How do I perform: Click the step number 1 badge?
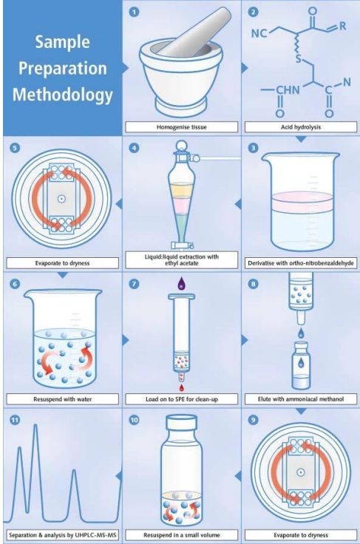[x=134, y=12]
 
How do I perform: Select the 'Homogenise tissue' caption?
[x=181, y=127]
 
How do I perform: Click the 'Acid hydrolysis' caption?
[x=301, y=127]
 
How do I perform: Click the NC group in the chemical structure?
[x=259, y=33]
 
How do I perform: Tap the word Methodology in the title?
[x=63, y=95]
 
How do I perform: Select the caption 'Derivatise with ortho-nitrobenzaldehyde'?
[x=301, y=263]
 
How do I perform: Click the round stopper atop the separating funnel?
[x=180, y=145]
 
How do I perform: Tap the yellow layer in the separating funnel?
[x=181, y=190]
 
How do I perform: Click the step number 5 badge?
[x=15, y=148]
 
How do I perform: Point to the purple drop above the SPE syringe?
[x=181, y=283]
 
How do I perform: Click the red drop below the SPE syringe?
[x=181, y=387]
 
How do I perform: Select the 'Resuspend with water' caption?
[x=62, y=399]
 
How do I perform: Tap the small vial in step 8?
[x=301, y=365]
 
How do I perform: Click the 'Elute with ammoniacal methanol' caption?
[x=301, y=399]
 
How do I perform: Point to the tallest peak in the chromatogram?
[x=35, y=425]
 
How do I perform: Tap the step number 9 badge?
[x=253, y=420]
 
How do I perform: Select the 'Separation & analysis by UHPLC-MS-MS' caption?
[x=62, y=535]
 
